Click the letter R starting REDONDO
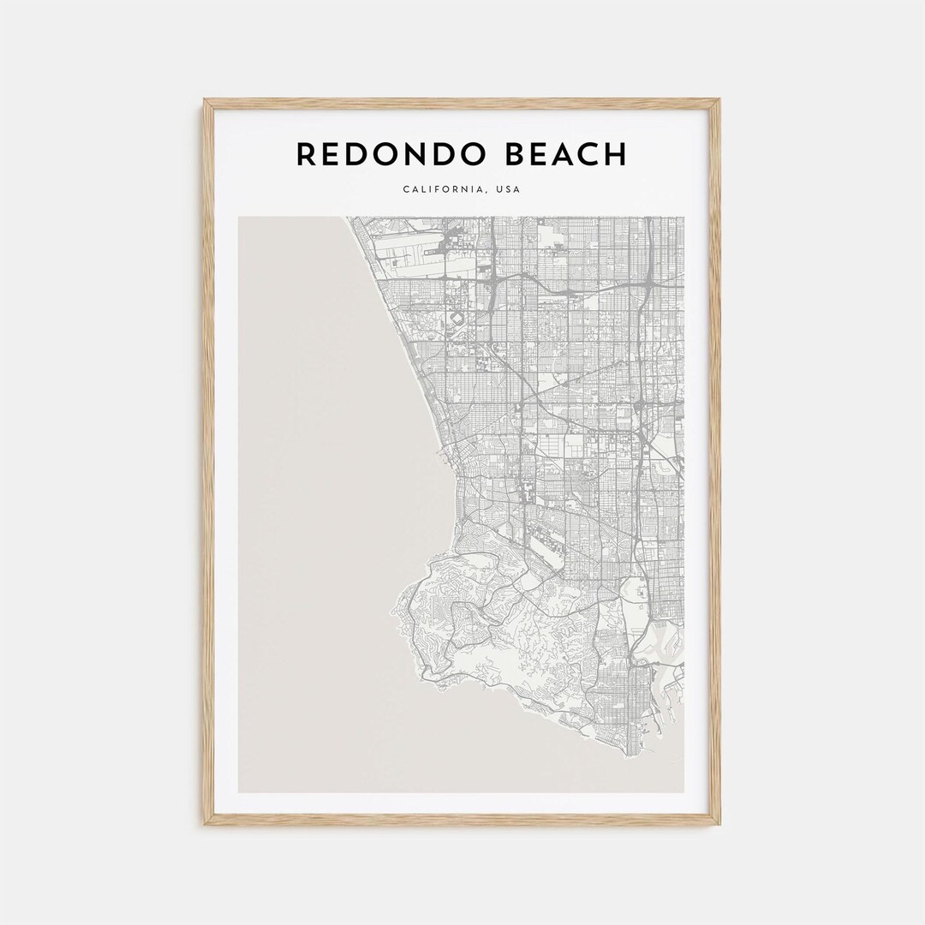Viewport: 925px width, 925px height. pyautogui.click(x=307, y=155)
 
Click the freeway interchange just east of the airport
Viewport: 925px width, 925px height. pyautogui.click(x=493, y=283)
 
